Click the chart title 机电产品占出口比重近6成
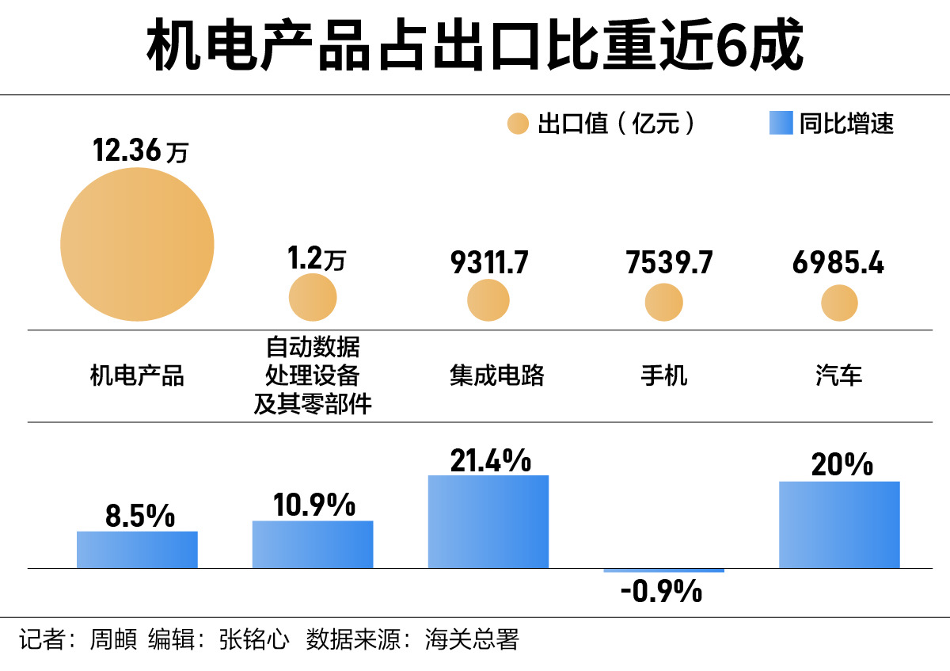coord(475,46)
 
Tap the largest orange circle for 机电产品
coord(137,245)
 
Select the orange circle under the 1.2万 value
coord(313,298)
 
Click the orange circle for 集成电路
coord(488,300)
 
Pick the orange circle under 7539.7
coord(663,302)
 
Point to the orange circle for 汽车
coord(839,303)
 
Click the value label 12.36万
coord(140,151)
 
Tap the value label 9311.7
coord(488,263)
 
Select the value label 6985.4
coord(838,263)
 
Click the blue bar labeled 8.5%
coord(137,550)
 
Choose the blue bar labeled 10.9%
coord(313,544)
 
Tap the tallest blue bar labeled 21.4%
coord(488,521)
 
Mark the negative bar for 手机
coord(663,570)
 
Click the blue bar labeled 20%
coord(839,524)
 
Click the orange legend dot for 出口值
coord(518,124)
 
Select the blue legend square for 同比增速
coord(781,124)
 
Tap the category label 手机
coord(663,376)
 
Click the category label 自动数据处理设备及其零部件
coord(313,376)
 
